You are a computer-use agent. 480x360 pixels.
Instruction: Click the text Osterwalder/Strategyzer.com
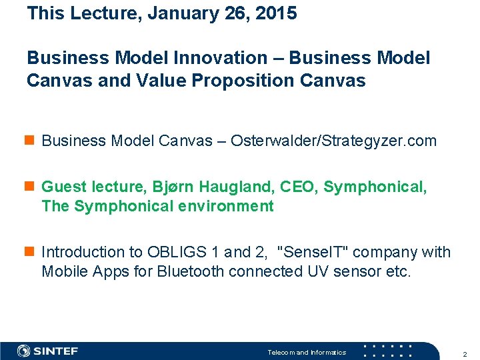click(x=333, y=141)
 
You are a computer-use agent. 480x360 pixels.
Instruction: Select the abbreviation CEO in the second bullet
click(x=295, y=187)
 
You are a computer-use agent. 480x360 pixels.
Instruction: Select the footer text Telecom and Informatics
click(x=307, y=352)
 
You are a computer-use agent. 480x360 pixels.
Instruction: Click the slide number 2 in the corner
click(x=465, y=354)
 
